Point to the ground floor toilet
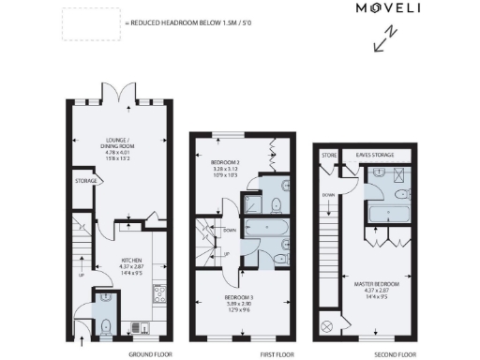click(x=107, y=325)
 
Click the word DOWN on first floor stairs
click(x=231, y=228)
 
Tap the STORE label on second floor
click(x=329, y=154)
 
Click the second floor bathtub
click(x=388, y=215)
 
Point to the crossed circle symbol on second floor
click(x=326, y=325)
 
